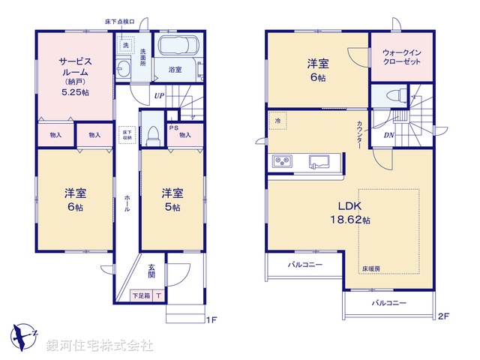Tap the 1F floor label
tap(211, 320)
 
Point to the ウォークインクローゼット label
tap(403, 58)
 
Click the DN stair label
tap(388, 135)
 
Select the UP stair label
tap(160, 95)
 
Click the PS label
tap(173, 127)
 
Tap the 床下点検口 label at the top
tap(119, 22)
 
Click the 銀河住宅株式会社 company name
tap(100, 346)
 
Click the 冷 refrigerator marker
tap(277, 120)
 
